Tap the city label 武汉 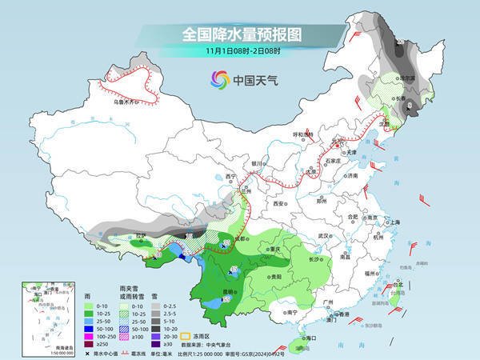tap(324, 237)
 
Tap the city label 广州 tap(326, 301)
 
